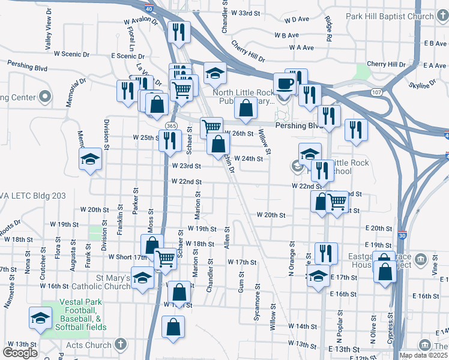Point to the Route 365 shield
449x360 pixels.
pyautogui.click(x=170, y=124)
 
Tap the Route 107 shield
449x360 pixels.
pyautogui.click(x=376, y=92)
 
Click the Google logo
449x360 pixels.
pyautogui.click(x=20, y=352)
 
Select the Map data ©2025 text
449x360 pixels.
pyautogui.click(x=424, y=355)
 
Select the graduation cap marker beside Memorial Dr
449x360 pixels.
pyautogui.click(x=90, y=159)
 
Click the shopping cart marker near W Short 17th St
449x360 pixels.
pyautogui.click(x=164, y=259)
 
